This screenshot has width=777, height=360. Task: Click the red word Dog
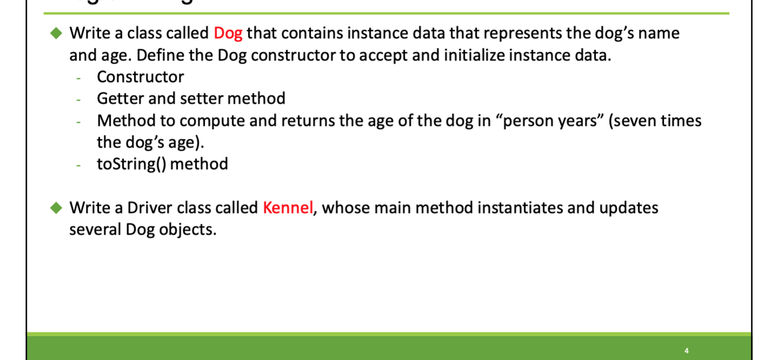click(227, 34)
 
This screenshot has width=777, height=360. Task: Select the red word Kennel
click(288, 208)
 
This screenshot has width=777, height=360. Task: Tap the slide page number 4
click(686, 350)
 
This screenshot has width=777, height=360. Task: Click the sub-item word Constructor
click(140, 77)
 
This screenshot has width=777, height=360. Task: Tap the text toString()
click(131, 164)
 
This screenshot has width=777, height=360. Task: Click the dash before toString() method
click(79, 164)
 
